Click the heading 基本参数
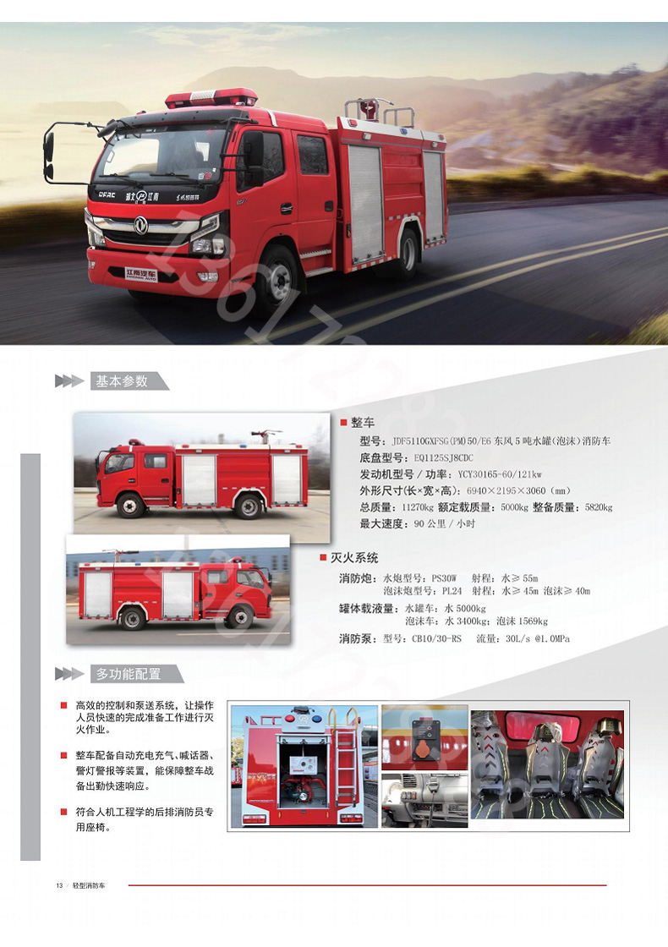[122, 381]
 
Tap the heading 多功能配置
[129, 673]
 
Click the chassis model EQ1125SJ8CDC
[443, 457]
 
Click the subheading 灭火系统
[354, 557]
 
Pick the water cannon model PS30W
[444, 578]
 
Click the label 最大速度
[381, 523]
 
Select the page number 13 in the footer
[59, 885]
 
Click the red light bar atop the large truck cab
[211, 98]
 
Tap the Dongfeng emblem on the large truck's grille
[140, 225]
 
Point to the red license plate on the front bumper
[140, 275]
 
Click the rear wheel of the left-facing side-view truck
[249, 506]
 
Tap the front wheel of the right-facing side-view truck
[240, 616]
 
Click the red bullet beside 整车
[343, 422]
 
